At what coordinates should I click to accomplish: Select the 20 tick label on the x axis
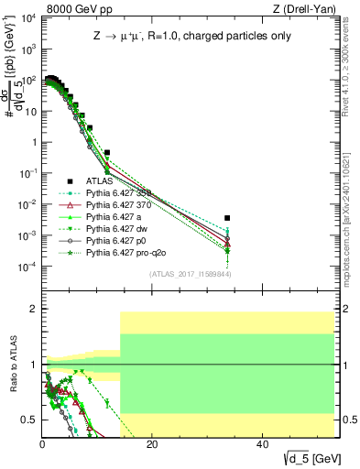pyautogui.click(x=153, y=444)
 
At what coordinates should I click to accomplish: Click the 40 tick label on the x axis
pyautogui.click(x=263, y=444)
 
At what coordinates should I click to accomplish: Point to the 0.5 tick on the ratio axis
pyautogui.click(x=30, y=420)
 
